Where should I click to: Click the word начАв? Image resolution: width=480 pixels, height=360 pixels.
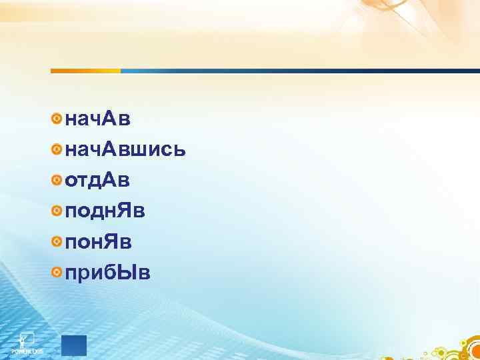coord(98,119)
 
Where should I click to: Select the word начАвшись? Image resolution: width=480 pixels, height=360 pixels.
coord(125,150)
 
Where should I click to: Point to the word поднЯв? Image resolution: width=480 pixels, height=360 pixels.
coord(105,211)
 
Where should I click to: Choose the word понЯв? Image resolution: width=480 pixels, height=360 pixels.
coord(98,241)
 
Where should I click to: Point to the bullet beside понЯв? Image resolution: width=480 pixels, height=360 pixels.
coord(58,241)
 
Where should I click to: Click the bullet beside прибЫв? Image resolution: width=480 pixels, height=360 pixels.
coord(58,272)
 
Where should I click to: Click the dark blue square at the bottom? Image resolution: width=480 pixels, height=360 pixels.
coord(74,345)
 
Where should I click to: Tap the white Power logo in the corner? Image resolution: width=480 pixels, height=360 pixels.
coord(27,341)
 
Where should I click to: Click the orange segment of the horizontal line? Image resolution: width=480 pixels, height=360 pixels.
coord(85,71)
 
